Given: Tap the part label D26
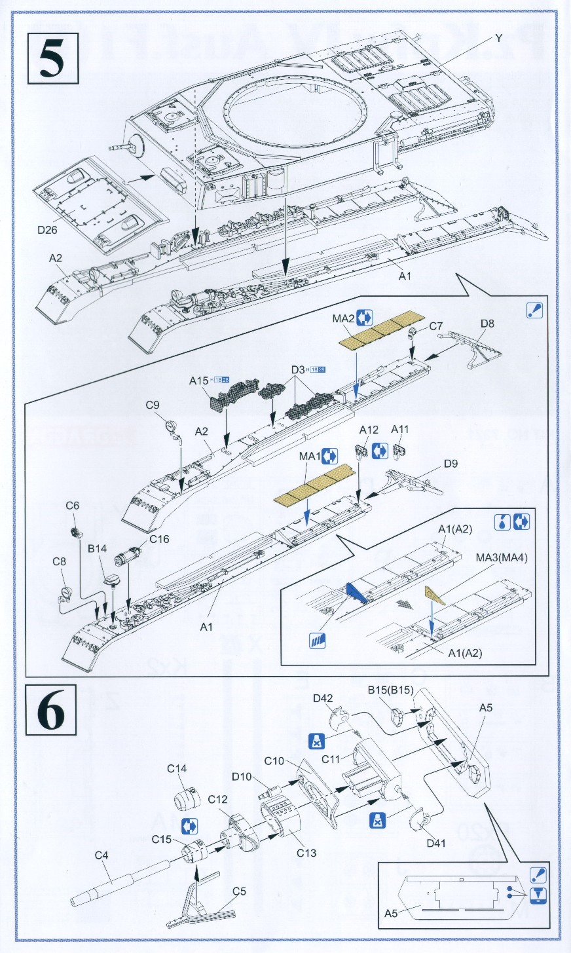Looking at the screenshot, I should pyautogui.click(x=48, y=230).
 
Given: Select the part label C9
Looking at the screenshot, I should pyautogui.click(x=153, y=405).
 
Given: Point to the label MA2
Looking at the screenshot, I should pyautogui.click(x=343, y=319).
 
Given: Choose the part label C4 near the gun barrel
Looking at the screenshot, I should pyautogui.click(x=101, y=855).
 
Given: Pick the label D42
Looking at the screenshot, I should pyautogui.click(x=323, y=699).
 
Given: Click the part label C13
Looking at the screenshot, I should pyautogui.click(x=306, y=853).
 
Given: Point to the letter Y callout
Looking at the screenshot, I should pyautogui.click(x=498, y=39).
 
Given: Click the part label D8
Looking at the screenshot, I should pyautogui.click(x=487, y=323).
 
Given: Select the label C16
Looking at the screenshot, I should pyautogui.click(x=159, y=539).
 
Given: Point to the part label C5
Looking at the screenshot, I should pyautogui.click(x=239, y=891).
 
